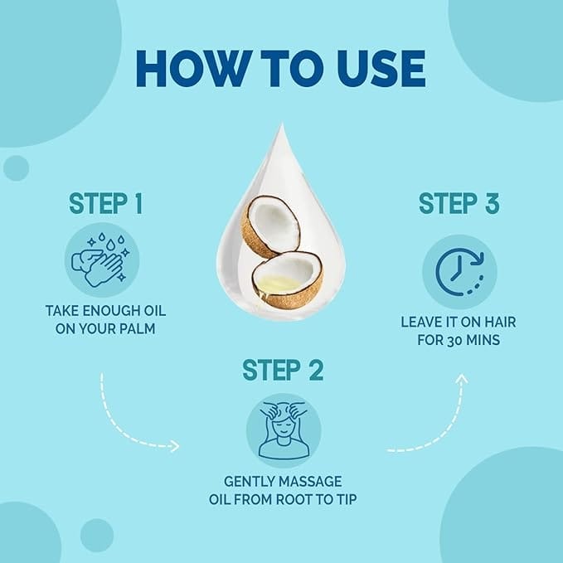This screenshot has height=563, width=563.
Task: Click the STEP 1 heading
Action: (106, 204)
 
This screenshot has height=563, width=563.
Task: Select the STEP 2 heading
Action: (283, 370)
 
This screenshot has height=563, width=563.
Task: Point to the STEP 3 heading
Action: (459, 204)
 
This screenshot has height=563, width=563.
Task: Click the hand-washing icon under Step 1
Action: (102, 260)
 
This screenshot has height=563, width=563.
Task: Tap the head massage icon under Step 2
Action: (284, 430)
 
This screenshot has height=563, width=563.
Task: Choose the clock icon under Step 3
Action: (460, 272)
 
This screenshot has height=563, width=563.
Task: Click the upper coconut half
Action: (270, 226)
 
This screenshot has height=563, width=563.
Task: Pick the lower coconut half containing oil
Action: (287, 279)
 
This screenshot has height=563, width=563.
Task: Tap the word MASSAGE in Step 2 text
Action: (308, 482)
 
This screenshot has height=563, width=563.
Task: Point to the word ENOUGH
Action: (111, 311)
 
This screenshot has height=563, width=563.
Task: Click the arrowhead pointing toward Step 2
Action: (175, 446)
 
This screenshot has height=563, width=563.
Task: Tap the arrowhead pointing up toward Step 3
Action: (462, 379)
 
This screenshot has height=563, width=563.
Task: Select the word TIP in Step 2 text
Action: (347, 499)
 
